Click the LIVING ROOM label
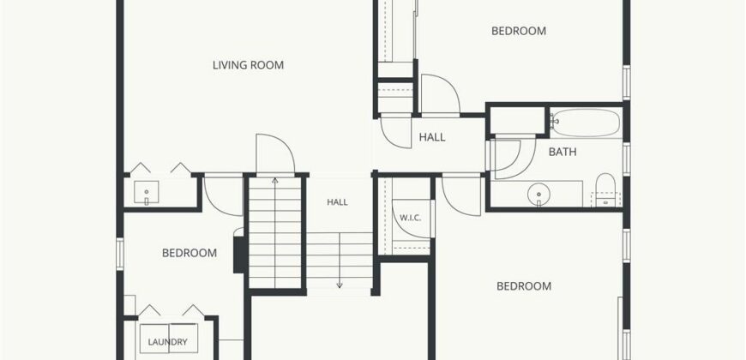(248, 65)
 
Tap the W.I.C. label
(410, 219)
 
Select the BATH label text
(563, 153)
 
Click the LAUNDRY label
(167, 342)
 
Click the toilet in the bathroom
(605, 189)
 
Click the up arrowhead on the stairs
(275, 181)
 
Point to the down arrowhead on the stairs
(340, 285)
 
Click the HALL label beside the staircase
(337, 202)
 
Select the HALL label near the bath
(432, 137)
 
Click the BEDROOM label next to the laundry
(190, 253)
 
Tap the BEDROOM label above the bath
(519, 31)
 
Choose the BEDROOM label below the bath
(524, 286)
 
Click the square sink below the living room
(146, 192)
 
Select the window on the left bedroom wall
(120, 255)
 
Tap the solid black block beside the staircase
(240, 255)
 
